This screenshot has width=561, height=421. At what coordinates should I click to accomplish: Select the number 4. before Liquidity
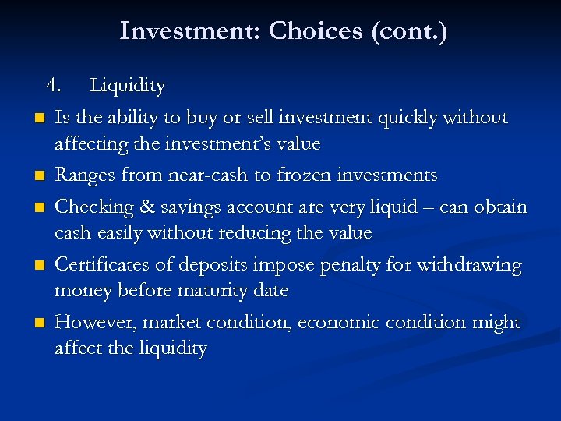pos(53,85)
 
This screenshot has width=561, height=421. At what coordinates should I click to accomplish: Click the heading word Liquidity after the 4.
pos(127,86)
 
